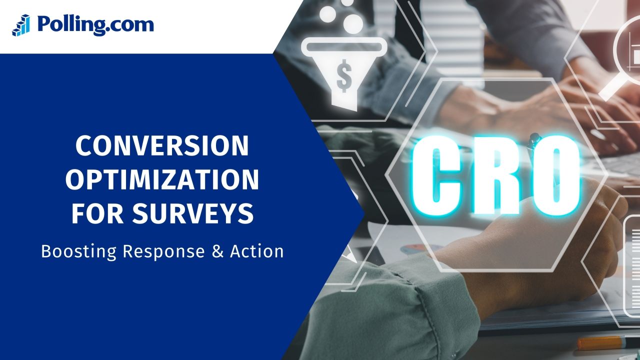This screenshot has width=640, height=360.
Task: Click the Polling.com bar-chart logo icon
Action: [x=21, y=25]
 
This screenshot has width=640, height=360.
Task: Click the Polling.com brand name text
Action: [x=95, y=24]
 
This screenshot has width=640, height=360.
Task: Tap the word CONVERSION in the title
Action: [x=162, y=146]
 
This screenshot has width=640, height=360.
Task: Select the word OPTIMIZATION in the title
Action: [x=162, y=180]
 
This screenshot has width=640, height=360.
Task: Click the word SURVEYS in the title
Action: [x=193, y=214]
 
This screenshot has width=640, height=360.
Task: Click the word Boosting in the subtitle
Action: [x=79, y=251]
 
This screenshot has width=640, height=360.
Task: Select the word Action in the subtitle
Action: [x=257, y=251]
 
